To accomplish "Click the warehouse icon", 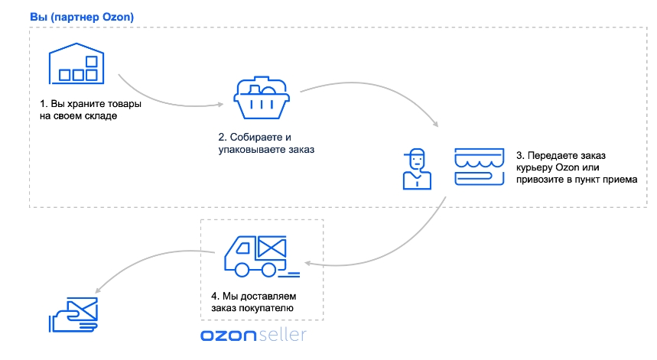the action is click(76, 63).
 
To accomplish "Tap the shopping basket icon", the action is click(262, 98).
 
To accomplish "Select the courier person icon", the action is click(417, 169).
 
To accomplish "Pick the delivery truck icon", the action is click(262, 257).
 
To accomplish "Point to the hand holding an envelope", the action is click(73, 315).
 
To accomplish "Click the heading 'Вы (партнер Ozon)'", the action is click(82, 17).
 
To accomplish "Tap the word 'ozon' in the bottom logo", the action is click(229, 336).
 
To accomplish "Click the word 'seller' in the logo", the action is click(283, 335).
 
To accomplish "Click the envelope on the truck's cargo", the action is click(272, 247).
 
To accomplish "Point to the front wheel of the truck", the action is click(242, 270).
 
